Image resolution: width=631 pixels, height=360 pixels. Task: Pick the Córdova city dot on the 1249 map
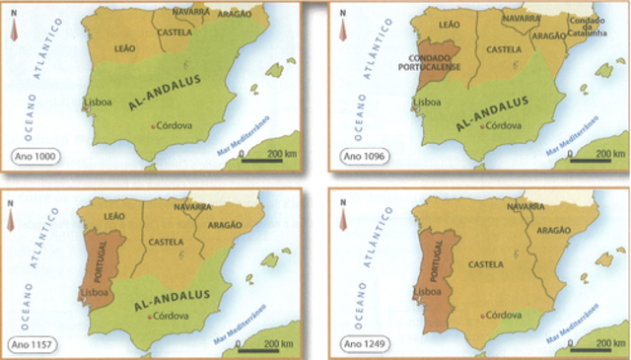(483, 317)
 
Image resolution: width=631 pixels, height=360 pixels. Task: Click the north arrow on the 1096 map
(342, 26)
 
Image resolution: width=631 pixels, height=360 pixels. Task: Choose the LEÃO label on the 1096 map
(449, 24)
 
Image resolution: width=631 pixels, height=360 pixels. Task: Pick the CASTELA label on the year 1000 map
(175, 33)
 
